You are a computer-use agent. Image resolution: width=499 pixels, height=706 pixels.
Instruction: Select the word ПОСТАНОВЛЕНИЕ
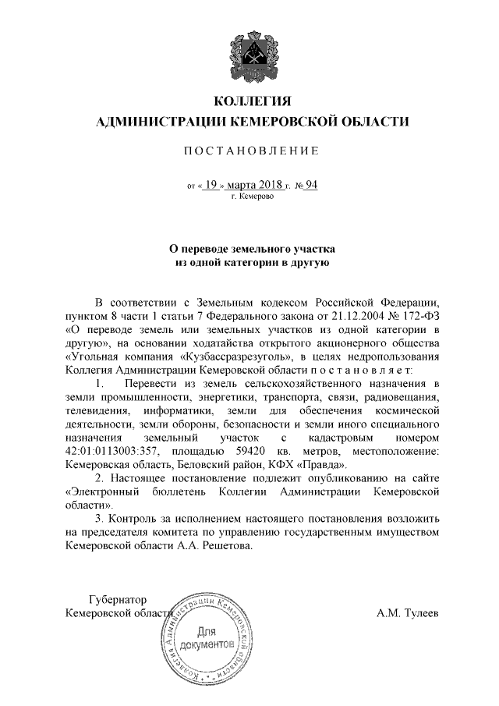[251, 151]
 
